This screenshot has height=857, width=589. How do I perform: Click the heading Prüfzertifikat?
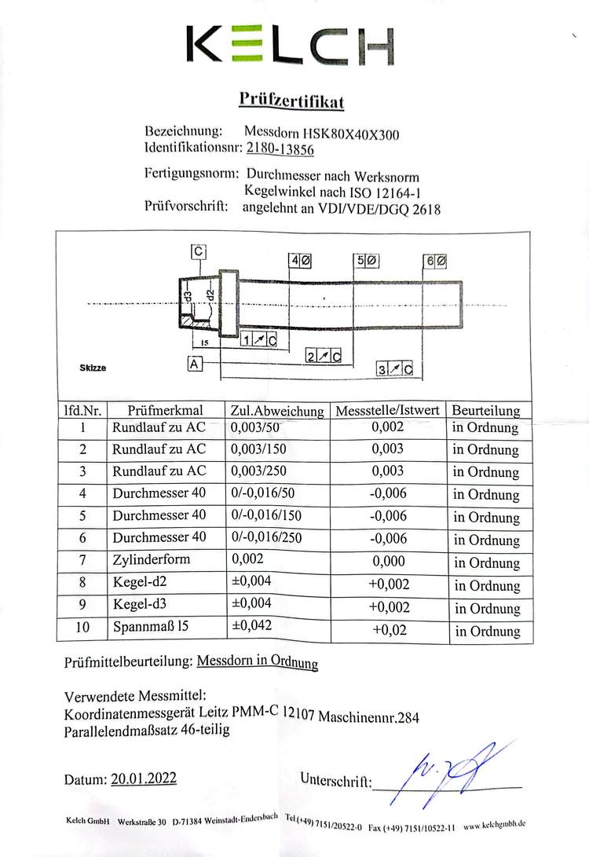pos(291,101)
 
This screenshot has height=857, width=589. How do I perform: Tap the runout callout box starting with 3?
pos(395,369)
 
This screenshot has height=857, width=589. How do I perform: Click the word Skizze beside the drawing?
pos(93,367)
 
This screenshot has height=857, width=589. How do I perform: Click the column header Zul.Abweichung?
pos(277,410)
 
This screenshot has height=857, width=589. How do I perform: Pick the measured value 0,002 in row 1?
pos(387,427)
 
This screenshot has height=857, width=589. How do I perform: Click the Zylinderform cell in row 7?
pos(152,561)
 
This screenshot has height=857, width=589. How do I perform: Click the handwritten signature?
pos(444,775)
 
